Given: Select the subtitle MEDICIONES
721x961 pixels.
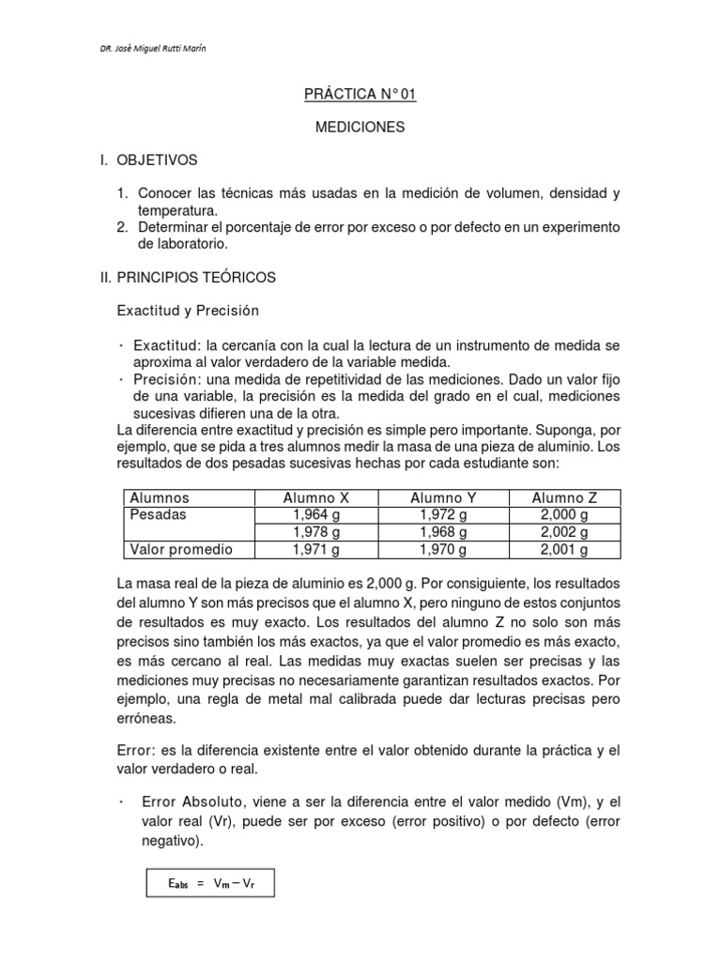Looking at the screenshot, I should (x=360, y=128).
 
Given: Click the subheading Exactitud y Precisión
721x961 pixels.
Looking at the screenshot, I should (x=187, y=310).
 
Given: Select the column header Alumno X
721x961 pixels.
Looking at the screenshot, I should (x=316, y=498).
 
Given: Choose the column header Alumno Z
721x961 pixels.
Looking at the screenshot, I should (x=563, y=498).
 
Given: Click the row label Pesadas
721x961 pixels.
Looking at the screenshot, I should (x=158, y=515).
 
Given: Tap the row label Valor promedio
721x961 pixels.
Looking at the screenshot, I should (x=181, y=550).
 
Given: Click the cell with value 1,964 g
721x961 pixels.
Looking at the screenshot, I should (x=316, y=515).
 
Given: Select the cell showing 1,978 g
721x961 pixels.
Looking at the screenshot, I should (x=316, y=533).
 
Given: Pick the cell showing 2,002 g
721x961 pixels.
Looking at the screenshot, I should (x=563, y=533).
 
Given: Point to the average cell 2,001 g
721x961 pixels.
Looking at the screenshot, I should (x=563, y=550).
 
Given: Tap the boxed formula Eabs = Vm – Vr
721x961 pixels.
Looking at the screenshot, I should (x=210, y=883).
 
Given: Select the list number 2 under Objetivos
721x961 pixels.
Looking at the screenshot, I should (x=122, y=227).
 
